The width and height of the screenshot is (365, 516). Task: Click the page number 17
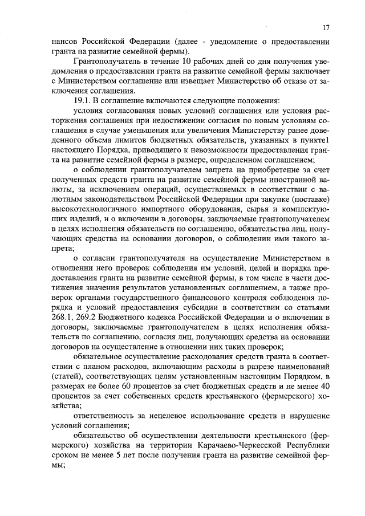coord(325,27)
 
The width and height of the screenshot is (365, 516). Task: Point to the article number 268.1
coord(62,317)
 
